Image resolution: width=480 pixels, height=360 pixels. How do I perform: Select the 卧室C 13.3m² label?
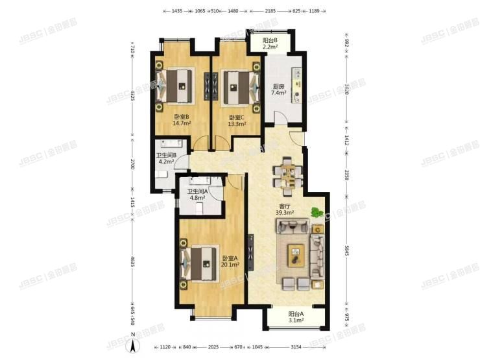click(237, 121)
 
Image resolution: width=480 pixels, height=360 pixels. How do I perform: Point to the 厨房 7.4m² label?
click(279, 90)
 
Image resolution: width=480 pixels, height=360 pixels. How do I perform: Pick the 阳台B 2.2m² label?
click(270, 44)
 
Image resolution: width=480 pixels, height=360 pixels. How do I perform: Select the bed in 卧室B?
click(177, 84)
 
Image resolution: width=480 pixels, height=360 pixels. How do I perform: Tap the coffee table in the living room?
click(296, 254)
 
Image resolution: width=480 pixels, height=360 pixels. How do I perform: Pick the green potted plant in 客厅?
click(316, 212)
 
